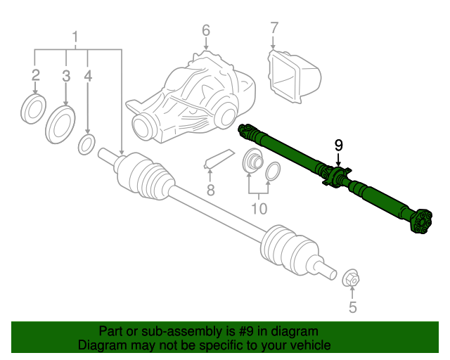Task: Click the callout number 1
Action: pos(76,37)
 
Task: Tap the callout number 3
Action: pos(66,75)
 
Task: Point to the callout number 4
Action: pos(88,75)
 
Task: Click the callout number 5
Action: pos(352,307)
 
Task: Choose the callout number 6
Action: pos(206,30)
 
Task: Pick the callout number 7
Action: pos(274,28)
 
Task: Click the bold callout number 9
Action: pos(339,146)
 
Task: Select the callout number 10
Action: pos(259,209)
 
